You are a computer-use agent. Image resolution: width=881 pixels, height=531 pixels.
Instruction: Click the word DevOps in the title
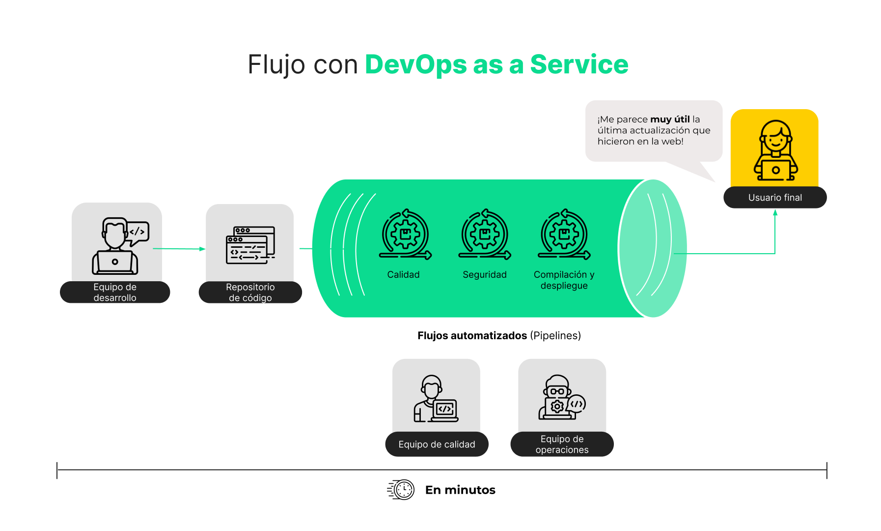tap(415, 64)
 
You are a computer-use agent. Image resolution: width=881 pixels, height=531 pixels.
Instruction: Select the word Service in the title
tap(579, 64)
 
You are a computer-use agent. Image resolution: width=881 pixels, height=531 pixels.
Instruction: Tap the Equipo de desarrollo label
tap(115, 293)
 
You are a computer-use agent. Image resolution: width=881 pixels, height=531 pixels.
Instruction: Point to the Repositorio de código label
tap(250, 293)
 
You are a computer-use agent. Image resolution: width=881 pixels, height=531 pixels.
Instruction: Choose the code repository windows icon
tap(250, 245)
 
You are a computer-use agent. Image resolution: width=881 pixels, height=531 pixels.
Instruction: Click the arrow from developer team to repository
tap(180, 249)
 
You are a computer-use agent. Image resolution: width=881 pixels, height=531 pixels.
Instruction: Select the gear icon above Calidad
tap(405, 235)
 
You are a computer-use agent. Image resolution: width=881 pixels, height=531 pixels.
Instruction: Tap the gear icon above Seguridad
tap(485, 235)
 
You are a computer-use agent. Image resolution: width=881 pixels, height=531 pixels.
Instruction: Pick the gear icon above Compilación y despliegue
tap(564, 235)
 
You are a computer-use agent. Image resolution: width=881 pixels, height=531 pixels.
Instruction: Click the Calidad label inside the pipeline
tap(403, 275)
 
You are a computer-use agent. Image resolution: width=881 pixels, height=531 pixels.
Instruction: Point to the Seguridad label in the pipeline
tap(485, 275)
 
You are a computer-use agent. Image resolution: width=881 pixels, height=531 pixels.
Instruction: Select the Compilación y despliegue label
tap(564, 280)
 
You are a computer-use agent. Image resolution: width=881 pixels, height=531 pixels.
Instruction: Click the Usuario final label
tap(775, 198)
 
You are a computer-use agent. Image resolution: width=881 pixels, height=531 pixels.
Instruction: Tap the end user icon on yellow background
tap(775, 150)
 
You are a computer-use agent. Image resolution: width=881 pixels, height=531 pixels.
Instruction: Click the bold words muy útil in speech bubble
tap(670, 119)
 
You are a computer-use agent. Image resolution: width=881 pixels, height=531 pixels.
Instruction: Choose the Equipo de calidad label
tap(437, 444)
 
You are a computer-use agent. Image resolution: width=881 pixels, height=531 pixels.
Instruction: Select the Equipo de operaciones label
tap(562, 444)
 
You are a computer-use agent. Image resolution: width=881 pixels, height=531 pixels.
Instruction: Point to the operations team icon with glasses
tap(561, 398)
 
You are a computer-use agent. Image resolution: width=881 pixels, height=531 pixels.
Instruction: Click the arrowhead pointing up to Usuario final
tap(775, 213)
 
